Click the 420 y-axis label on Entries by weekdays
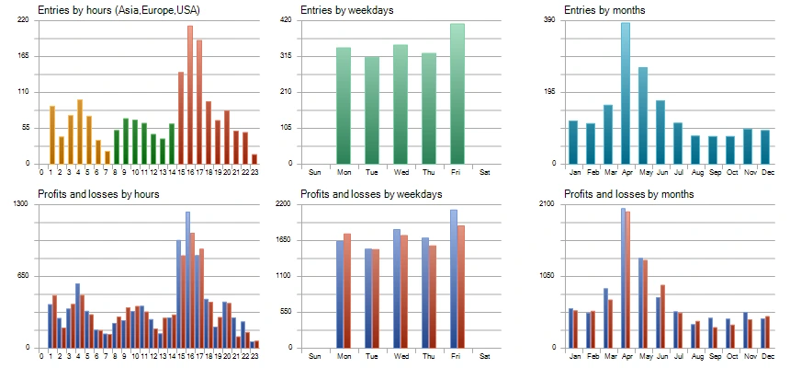point(310,20)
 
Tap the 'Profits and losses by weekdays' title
point(371,194)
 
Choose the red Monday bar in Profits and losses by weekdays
point(347,291)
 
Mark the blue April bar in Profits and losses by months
point(623,278)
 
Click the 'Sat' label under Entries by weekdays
point(484,172)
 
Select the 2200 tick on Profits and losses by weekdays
point(310,204)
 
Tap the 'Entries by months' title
point(604,10)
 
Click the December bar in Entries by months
point(764,147)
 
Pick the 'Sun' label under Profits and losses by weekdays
point(315,356)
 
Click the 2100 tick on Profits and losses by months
point(571,204)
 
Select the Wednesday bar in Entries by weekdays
point(401,104)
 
